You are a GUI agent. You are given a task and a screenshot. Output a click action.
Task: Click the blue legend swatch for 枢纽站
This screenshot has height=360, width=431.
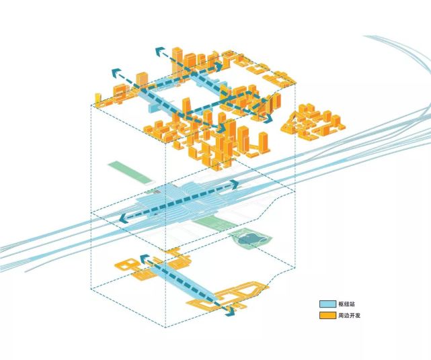click(x=327, y=304)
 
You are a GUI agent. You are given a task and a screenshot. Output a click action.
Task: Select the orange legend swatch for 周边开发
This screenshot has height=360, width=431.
click(x=327, y=316)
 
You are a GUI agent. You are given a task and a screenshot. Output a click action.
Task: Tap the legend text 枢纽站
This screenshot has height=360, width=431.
click(x=346, y=304)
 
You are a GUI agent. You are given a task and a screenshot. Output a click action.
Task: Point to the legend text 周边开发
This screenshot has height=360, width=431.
click(x=349, y=316)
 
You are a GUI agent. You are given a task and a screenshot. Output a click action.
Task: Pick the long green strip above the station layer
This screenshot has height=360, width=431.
click(x=130, y=172)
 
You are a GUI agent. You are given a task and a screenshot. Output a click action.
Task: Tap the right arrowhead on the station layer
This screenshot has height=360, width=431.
click(x=235, y=184)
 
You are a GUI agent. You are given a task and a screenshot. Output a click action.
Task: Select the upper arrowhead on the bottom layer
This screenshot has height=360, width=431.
click(x=143, y=259)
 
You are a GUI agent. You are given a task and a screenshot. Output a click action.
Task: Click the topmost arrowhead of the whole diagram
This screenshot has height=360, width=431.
click(x=159, y=51)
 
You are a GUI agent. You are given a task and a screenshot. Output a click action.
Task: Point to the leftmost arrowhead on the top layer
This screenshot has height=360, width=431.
click(x=116, y=73)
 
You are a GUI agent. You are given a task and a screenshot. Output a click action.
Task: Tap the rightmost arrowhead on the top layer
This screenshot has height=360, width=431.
click(x=268, y=118)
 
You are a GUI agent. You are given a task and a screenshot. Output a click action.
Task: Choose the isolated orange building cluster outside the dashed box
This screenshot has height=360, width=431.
click(x=313, y=121)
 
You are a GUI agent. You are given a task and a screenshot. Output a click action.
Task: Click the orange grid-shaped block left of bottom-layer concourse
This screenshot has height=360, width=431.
click(x=126, y=265)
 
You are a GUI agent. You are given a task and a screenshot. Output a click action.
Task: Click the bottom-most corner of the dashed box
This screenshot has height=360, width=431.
click(x=165, y=327)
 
